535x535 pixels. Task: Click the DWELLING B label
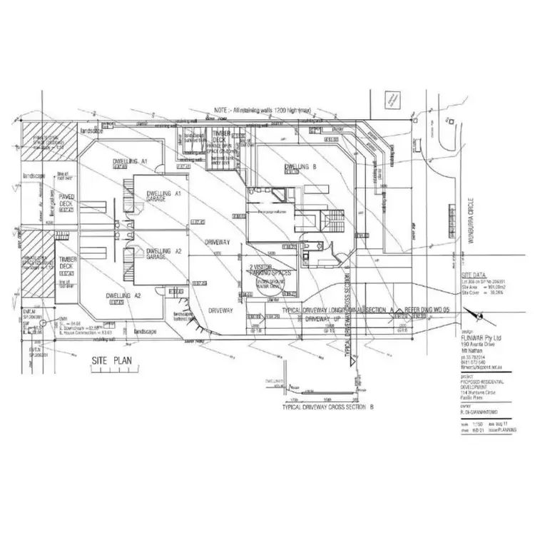click(301, 168)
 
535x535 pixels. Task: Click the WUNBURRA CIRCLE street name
click(469, 221)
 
